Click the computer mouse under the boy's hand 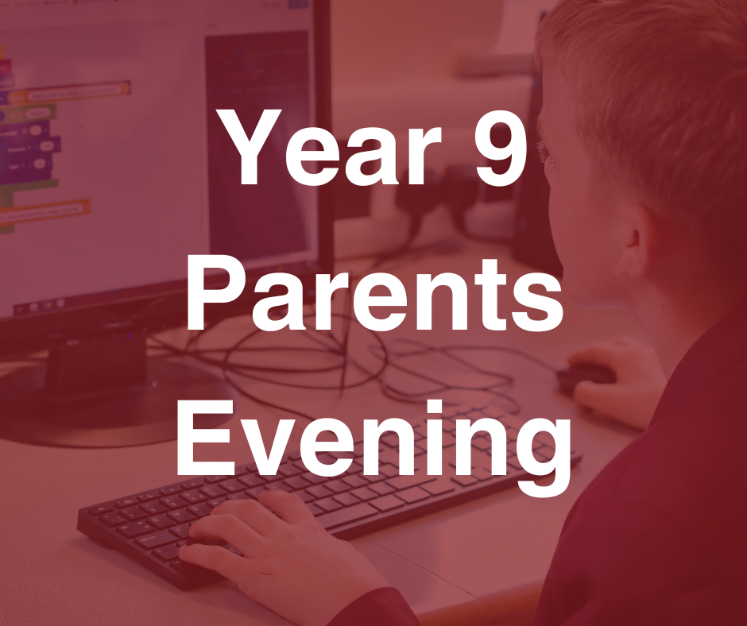tap(584, 376)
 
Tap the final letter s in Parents tap(540, 302)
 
